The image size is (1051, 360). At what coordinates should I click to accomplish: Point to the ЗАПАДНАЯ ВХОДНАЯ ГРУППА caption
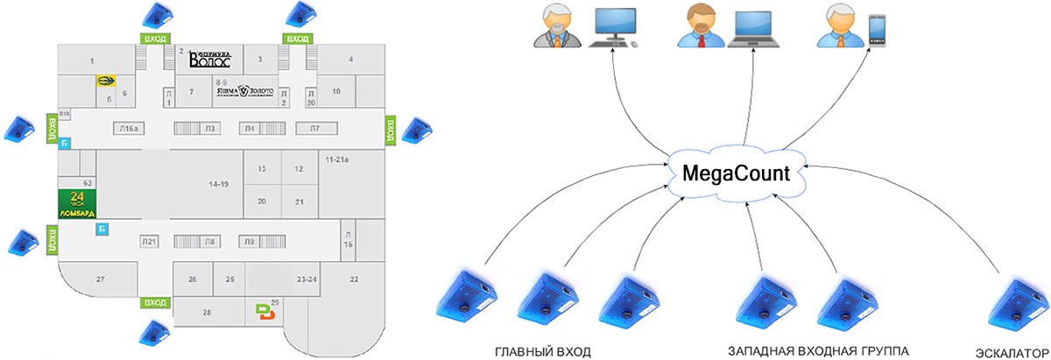click(819, 351)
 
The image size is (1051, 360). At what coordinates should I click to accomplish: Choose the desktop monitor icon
click(616, 28)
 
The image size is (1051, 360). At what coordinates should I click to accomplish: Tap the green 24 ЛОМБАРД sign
click(75, 203)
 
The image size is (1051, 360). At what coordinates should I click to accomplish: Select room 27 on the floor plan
click(101, 279)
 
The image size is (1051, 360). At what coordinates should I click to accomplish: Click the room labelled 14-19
click(218, 185)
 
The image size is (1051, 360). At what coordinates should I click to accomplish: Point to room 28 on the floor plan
click(207, 312)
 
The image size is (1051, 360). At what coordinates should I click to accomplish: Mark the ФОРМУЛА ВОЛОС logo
click(209, 60)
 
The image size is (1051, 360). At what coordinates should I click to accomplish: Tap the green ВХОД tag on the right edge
click(390, 131)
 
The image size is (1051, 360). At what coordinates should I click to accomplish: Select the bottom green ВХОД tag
click(154, 302)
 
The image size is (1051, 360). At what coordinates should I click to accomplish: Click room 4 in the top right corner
click(350, 60)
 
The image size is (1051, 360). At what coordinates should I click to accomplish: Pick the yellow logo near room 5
click(106, 81)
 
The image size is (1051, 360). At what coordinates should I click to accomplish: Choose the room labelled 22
click(354, 279)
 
